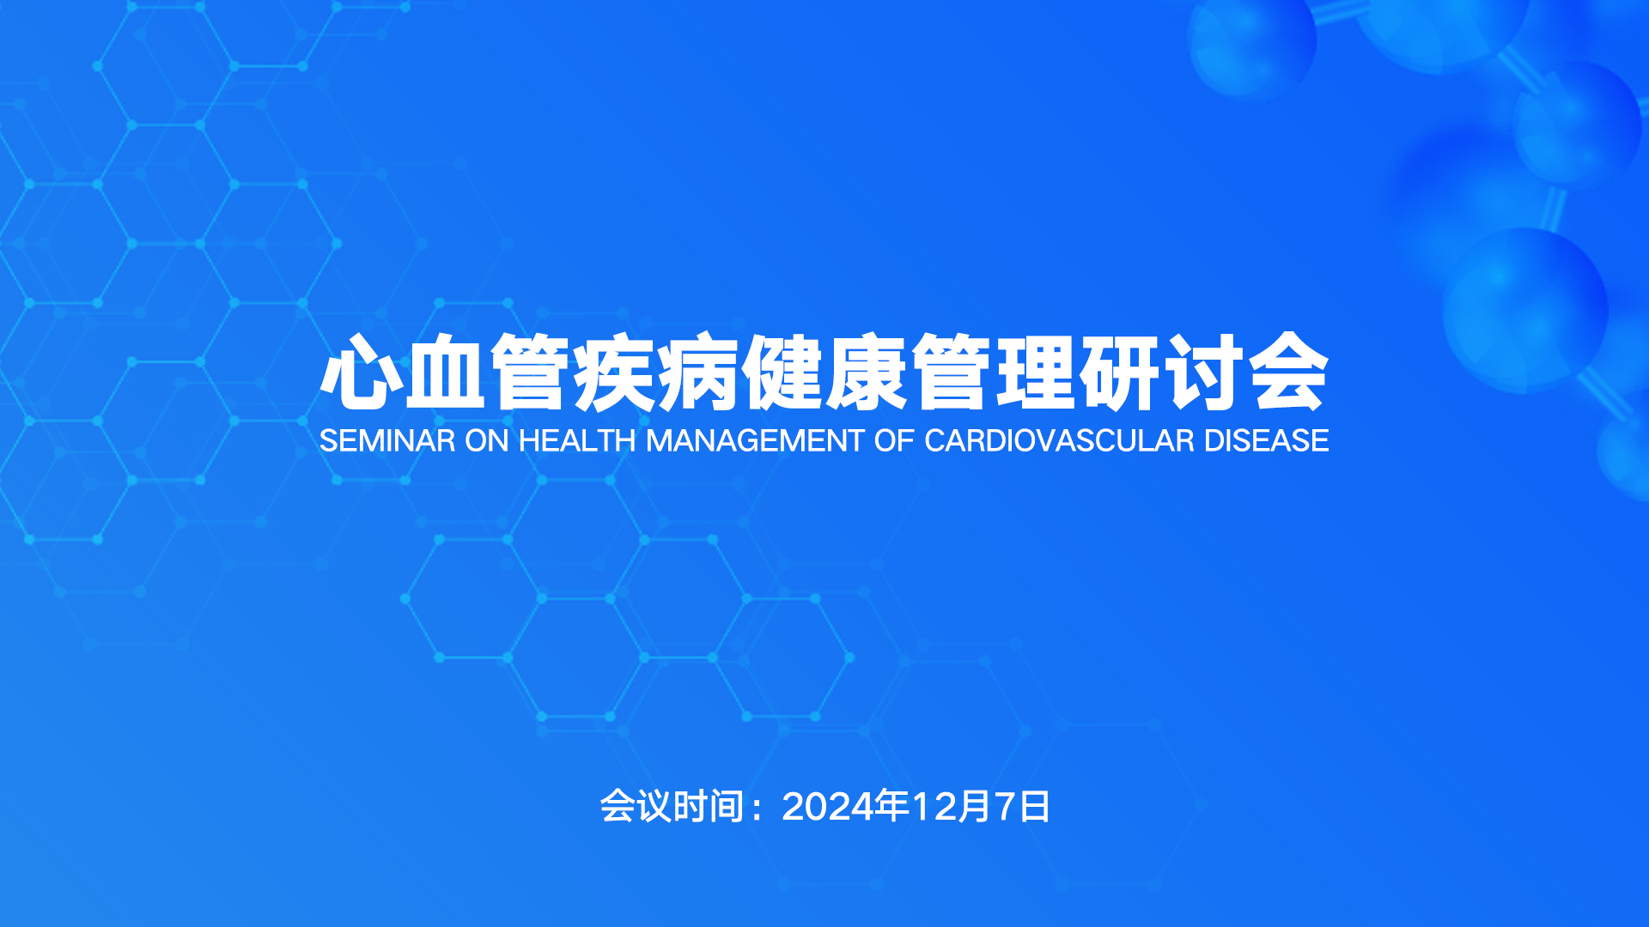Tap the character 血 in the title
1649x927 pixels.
click(445, 373)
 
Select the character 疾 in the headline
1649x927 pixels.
click(613, 373)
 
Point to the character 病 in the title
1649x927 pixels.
click(697, 373)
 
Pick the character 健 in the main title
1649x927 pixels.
click(782, 373)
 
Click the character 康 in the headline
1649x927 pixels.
click(866, 373)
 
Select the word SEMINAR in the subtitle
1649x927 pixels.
click(387, 440)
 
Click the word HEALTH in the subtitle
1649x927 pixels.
click(577, 440)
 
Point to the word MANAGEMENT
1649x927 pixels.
click(755, 440)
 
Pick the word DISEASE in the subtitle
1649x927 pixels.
click(1267, 440)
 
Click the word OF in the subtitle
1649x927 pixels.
click(894, 440)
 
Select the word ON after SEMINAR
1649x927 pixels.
click(487, 440)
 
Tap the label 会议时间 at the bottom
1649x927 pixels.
click(672, 807)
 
